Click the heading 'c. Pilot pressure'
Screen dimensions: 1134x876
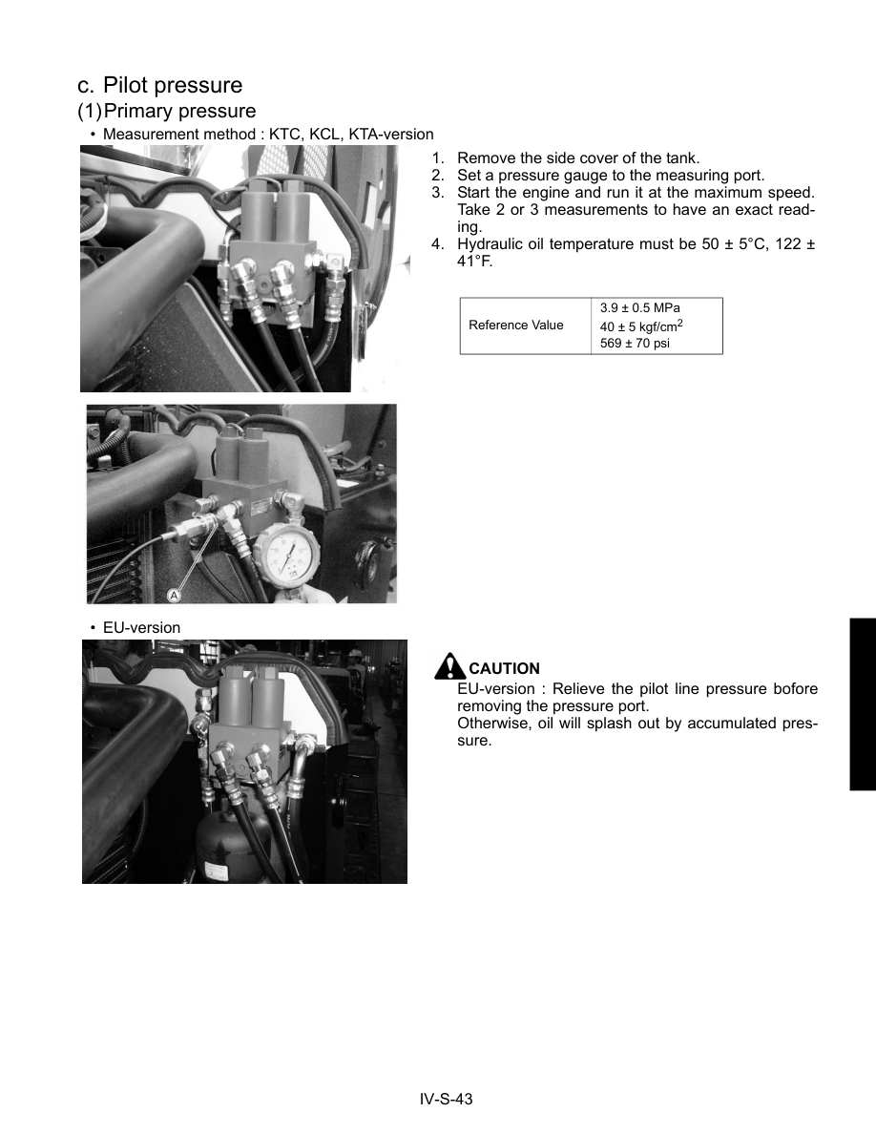[160, 86]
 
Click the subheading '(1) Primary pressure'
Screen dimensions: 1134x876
[167, 112]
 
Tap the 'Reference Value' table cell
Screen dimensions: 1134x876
[516, 325]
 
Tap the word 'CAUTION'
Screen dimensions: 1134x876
[505, 669]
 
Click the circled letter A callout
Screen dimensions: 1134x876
[174, 595]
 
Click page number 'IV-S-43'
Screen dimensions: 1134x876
[447, 1099]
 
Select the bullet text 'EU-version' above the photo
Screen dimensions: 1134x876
[141, 628]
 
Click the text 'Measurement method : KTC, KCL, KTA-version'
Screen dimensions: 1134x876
[267, 135]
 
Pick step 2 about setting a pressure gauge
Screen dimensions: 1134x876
[611, 176]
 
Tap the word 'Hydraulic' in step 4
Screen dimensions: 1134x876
[488, 244]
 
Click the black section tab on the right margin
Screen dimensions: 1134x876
[862, 703]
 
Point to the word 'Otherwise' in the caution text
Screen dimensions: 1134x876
[491, 724]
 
